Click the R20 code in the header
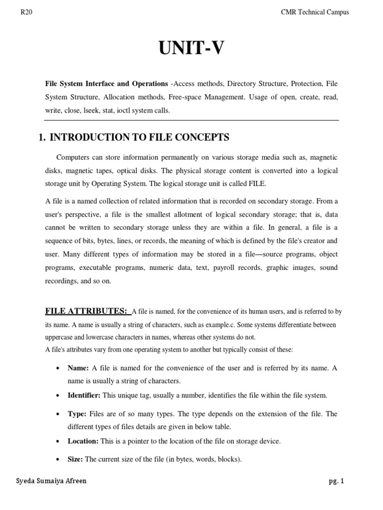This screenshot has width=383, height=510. pyautogui.click(x=26, y=12)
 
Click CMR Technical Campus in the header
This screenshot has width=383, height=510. pyautogui.click(x=315, y=12)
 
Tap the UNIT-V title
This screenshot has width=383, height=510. pyautogui.click(x=191, y=49)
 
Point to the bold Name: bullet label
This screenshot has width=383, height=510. pyautogui.click(x=78, y=368)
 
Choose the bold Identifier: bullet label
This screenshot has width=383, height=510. pyautogui.click(x=84, y=395)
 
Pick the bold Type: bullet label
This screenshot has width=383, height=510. pyautogui.click(x=77, y=414)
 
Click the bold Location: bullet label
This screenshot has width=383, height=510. pyautogui.click(x=83, y=441)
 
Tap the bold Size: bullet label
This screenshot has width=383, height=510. pyautogui.click(x=76, y=459)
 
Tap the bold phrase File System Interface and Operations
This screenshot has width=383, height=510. pyautogui.click(x=107, y=84)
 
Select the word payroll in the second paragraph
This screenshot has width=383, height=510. pyautogui.click(x=227, y=267)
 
